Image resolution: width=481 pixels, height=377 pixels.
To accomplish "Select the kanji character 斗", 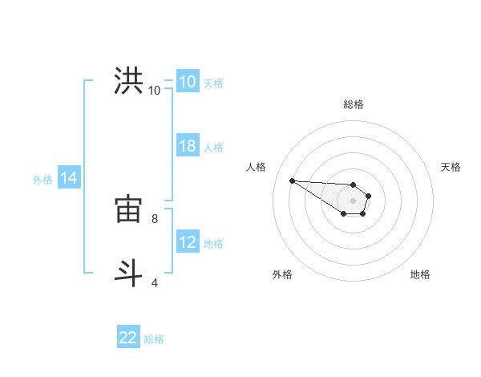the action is click(129, 272).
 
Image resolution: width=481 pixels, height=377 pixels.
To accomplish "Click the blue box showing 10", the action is click(187, 82).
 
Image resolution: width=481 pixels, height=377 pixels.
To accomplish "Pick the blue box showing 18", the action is click(187, 146).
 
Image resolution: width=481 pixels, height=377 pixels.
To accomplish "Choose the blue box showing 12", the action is click(187, 242).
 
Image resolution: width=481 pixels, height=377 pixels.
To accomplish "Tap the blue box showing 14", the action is click(69, 179).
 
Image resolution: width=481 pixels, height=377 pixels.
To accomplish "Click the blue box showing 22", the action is click(128, 338).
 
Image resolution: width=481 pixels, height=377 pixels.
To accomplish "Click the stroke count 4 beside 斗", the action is click(154, 282).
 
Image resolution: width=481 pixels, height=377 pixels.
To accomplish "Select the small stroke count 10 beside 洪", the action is click(154, 90).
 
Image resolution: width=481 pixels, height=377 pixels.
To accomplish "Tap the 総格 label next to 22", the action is click(154, 339).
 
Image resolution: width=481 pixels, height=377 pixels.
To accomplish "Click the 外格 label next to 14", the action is click(42, 180).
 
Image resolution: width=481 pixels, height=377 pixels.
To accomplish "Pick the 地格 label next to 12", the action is click(213, 244).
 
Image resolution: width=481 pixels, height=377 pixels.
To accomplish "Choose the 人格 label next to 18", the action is click(213, 148).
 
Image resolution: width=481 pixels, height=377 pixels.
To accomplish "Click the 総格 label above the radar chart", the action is click(354, 104).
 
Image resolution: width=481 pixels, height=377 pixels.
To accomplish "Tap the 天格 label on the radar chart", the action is click(451, 167).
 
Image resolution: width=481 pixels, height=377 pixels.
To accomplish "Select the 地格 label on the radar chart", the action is click(420, 274).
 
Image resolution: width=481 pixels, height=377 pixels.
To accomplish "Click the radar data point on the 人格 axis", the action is click(292, 180).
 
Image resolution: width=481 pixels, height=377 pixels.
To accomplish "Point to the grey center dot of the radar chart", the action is click(354, 201).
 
